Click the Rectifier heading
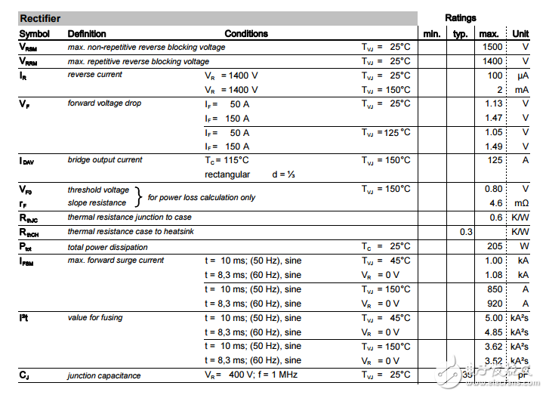40,18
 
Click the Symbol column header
34,33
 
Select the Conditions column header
246,33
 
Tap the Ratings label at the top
461,17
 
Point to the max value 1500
492,47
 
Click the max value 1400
492,61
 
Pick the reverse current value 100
495,76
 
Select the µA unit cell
523,76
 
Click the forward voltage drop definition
104,103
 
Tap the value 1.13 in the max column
494,103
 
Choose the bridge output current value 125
495,160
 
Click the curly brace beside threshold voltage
138,196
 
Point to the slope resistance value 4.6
496,203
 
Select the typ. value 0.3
466,232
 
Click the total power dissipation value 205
495,246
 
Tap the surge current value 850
495,289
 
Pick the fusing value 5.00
494,318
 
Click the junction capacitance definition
103,375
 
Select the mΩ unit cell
522,203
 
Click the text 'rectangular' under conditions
227,174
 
